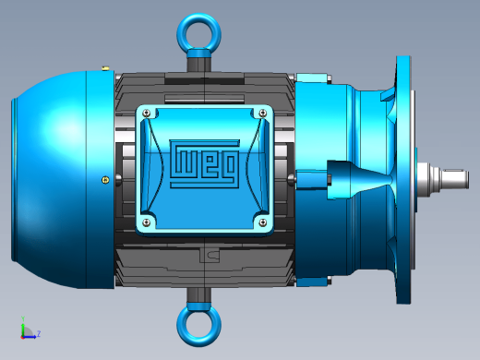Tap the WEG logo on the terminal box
coord(205,163)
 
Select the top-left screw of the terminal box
coord(147,114)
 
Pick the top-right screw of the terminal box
coord(262,114)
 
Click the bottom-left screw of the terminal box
coord(147,222)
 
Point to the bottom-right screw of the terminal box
coord(262,222)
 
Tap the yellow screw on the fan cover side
coord(105,180)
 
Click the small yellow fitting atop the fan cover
coord(105,68)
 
